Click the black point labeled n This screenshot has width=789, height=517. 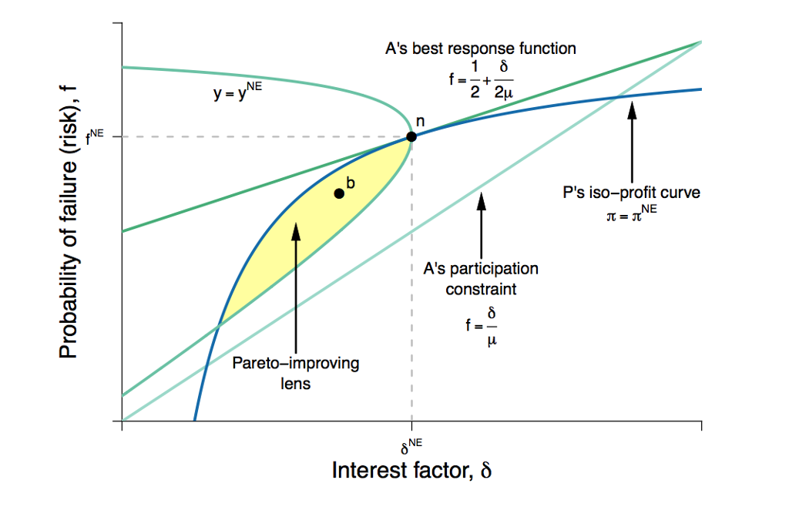click(x=411, y=136)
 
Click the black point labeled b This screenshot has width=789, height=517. click(x=339, y=193)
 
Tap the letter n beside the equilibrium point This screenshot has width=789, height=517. click(x=420, y=122)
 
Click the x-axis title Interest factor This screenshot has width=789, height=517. click(x=411, y=470)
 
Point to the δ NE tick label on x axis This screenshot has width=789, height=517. click(x=411, y=446)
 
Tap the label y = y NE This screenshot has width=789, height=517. click(x=237, y=91)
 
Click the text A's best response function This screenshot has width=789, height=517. click(x=481, y=49)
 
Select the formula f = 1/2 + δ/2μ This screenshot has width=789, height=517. click(x=482, y=79)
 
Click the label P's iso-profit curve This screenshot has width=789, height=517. click(x=632, y=193)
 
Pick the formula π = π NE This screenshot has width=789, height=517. click(x=632, y=213)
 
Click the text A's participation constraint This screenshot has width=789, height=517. click(x=481, y=279)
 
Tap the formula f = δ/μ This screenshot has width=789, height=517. click(x=482, y=326)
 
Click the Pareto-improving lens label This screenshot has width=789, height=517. click(x=296, y=373)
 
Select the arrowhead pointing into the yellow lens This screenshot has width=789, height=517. click(x=296, y=231)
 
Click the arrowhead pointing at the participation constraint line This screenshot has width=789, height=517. click(x=482, y=201)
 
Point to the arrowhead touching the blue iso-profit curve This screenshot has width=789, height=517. click(x=632, y=109)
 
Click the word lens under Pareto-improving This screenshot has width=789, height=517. click(x=295, y=384)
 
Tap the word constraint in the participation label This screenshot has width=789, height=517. click(x=481, y=290)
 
